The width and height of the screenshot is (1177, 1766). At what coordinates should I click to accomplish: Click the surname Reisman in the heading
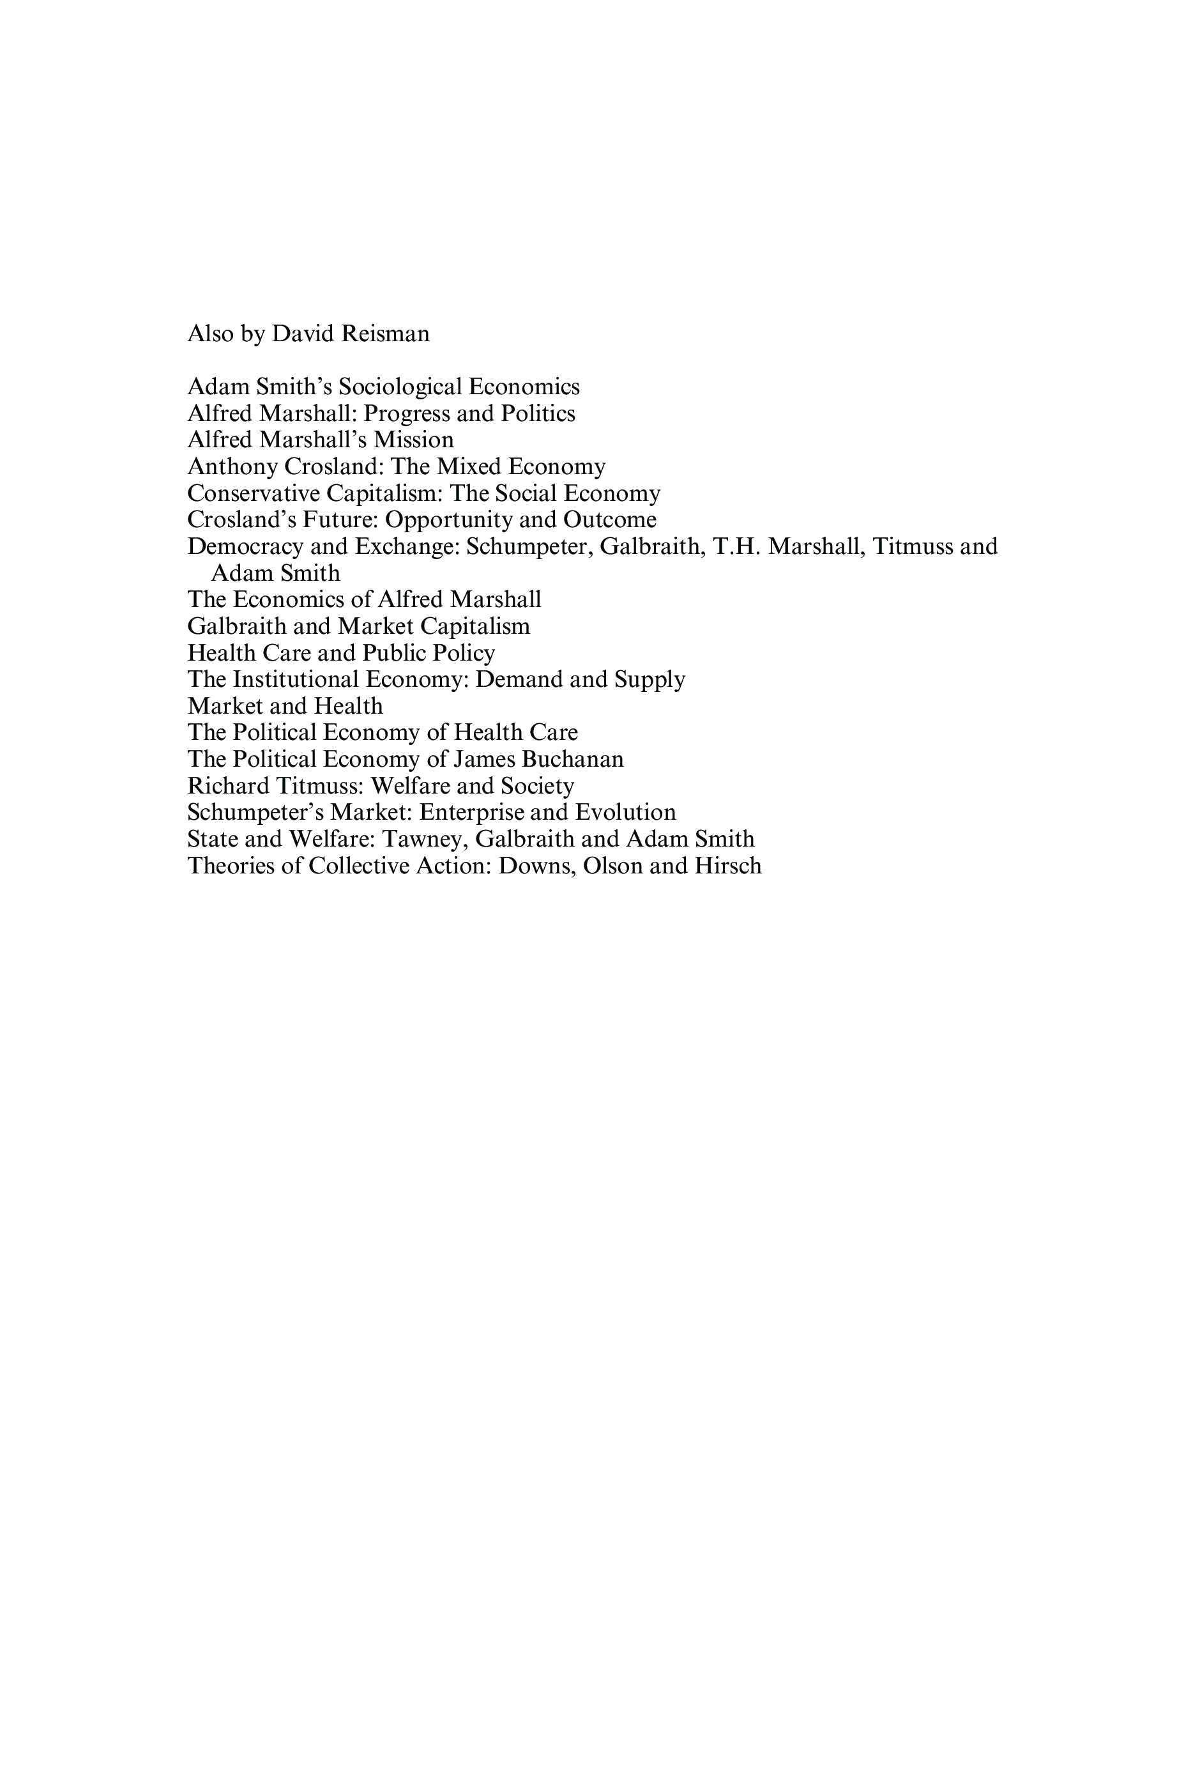pyautogui.click(x=385, y=334)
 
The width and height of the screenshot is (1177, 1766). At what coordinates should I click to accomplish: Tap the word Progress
pyautogui.click(x=406, y=414)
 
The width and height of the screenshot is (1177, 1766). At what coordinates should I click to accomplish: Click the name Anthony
pyautogui.click(x=232, y=467)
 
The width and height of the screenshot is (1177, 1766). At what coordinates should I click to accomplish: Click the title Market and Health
pyautogui.click(x=285, y=706)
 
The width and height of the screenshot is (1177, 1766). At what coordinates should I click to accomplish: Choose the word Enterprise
pyautogui.click(x=471, y=813)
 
